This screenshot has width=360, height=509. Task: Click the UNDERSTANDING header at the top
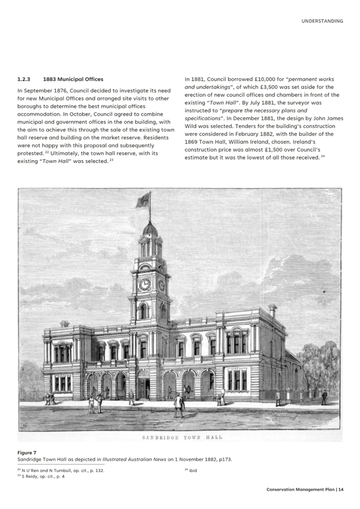[322, 21]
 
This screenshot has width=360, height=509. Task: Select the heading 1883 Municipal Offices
[73, 79]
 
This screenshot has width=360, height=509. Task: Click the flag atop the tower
[144, 199]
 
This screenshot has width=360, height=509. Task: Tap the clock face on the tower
[145, 284]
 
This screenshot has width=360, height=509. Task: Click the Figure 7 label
[27, 452]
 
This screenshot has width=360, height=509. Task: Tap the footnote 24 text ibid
[192, 469]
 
